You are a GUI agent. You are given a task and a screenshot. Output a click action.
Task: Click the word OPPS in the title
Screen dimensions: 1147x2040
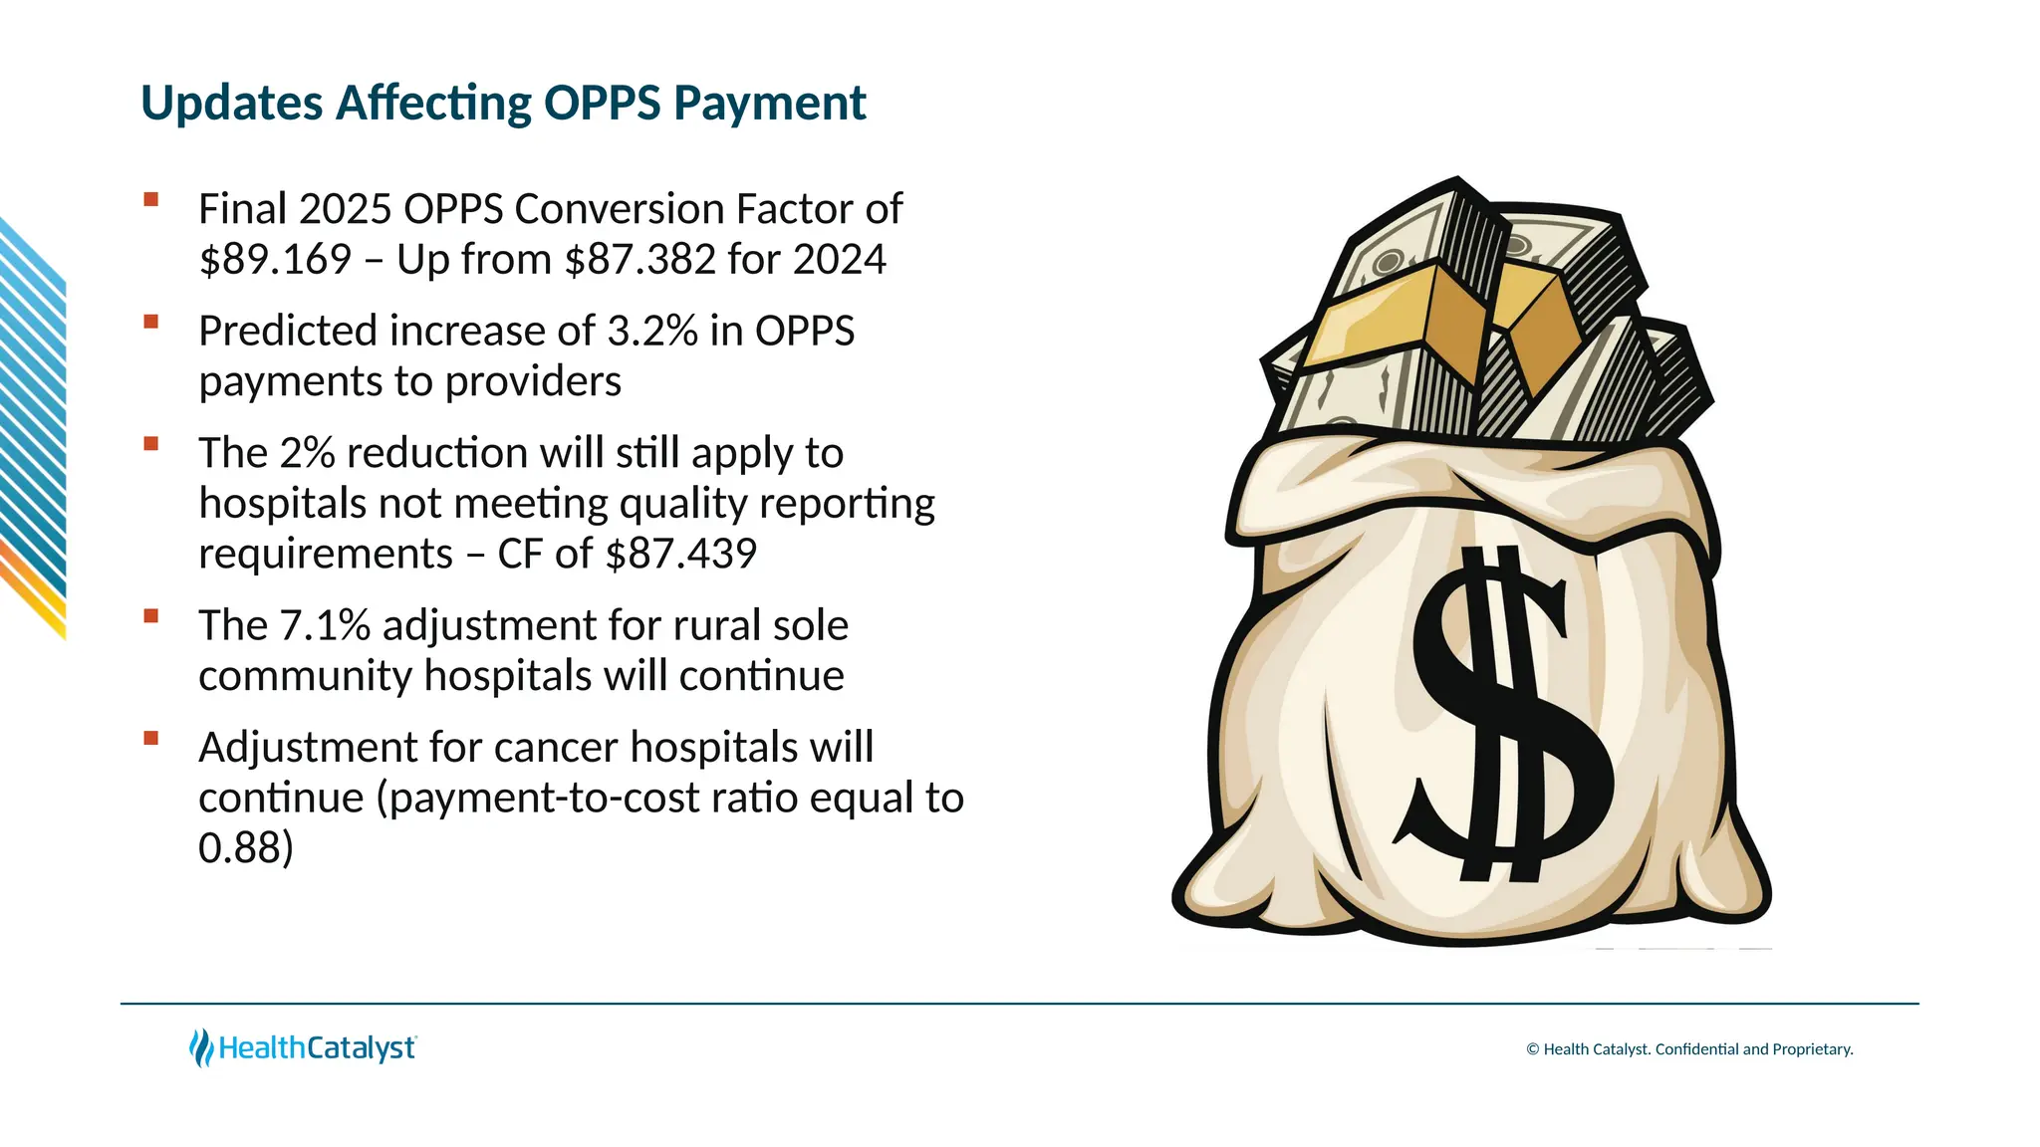602,104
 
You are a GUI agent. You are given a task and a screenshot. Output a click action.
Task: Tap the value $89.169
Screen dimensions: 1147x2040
275,260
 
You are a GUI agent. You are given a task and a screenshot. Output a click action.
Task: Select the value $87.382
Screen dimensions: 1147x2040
639,260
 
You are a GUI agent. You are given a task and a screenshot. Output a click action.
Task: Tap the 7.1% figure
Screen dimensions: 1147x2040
325,626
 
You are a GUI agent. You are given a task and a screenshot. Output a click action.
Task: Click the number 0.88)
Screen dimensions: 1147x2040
245,849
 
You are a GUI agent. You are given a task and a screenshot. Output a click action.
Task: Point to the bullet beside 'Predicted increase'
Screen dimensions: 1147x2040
151,322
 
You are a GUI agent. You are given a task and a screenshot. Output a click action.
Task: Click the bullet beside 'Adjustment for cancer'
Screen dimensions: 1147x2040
151,738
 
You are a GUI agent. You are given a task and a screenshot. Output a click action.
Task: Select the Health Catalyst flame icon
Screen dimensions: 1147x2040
201,1047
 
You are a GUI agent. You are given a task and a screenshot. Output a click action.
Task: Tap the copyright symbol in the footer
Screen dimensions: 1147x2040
1533,1049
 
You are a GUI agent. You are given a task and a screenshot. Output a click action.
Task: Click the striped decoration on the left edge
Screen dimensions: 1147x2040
32,428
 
